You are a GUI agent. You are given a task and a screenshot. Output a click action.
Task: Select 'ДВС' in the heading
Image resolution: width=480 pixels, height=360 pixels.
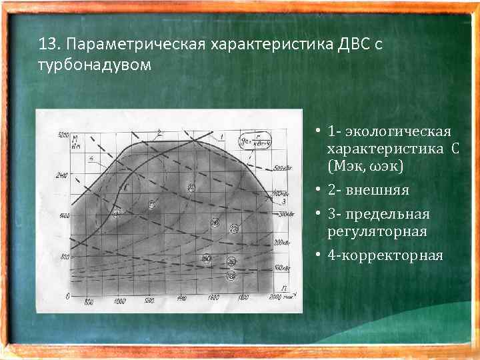click(x=345, y=45)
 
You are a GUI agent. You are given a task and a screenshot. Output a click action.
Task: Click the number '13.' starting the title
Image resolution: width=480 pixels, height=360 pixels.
click(x=50, y=45)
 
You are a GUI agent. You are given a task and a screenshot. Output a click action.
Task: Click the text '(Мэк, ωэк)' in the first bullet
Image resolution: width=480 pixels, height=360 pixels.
click(x=365, y=164)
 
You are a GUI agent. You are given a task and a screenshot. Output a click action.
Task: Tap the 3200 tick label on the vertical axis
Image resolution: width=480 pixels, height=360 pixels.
click(x=63, y=135)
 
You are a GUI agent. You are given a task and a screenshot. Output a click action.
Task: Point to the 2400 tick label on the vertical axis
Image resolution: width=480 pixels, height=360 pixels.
click(x=63, y=176)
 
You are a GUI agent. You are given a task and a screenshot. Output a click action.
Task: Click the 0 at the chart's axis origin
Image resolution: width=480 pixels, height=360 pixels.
click(x=67, y=296)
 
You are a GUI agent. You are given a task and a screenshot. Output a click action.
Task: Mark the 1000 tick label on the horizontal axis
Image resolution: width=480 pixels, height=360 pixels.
click(x=119, y=302)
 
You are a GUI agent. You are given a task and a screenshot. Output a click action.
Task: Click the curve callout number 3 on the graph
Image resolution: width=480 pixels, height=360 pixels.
click(x=284, y=201)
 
